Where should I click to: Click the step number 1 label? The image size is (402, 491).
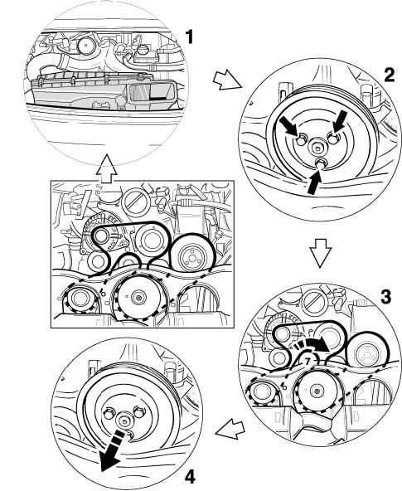[x=189, y=37]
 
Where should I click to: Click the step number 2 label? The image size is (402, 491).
[x=389, y=75]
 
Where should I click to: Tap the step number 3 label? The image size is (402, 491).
[x=385, y=297]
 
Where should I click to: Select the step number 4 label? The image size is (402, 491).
[x=190, y=478]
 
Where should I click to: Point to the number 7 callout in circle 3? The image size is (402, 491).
[x=308, y=361]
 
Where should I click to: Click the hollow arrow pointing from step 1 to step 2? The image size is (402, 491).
[x=227, y=80]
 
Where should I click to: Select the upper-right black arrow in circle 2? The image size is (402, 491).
[x=340, y=122]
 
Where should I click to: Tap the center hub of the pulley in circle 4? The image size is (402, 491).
[x=125, y=421]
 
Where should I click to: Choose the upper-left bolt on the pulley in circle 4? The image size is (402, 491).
[x=109, y=413]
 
